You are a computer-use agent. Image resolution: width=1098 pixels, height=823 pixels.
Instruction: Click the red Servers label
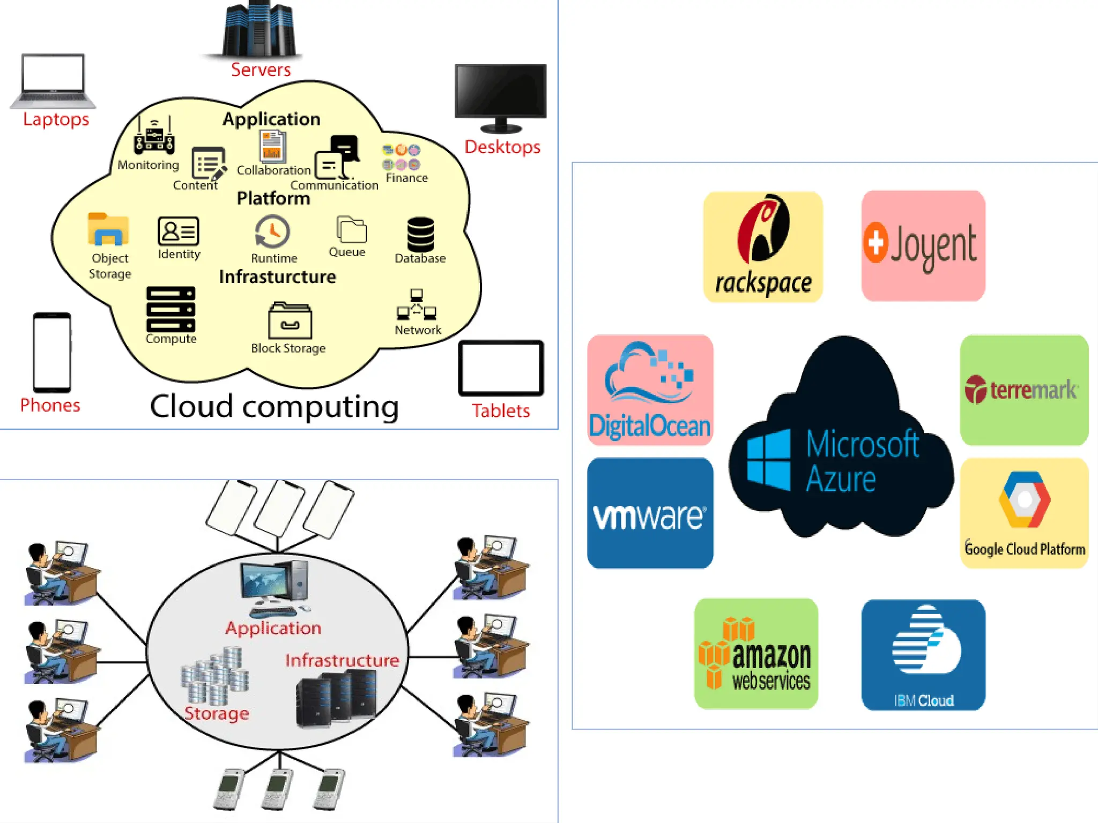click(x=261, y=70)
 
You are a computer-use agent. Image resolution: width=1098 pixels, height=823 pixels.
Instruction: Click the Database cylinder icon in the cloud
click(x=420, y=234)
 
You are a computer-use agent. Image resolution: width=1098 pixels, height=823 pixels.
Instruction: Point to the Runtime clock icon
click(x=272, y=232)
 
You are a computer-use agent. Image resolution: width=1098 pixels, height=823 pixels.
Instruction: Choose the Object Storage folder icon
click(x=108, y=230)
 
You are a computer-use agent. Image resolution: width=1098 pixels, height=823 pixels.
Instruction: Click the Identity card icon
click(x=178, y=231)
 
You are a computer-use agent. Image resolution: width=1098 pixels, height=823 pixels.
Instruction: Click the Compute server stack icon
click(x=170, y=309)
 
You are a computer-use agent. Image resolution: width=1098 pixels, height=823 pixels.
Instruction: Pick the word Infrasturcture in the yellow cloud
click(x=277, y=277)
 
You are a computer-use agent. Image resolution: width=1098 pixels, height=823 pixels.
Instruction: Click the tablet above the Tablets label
click(x=501, y=368)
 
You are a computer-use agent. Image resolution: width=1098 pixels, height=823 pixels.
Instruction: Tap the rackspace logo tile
click(x=762, y=247)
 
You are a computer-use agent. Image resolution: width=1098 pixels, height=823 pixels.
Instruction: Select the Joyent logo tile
click(x=923, y=245)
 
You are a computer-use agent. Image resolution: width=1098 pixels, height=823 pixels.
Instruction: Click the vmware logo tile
click(x=650, y=513)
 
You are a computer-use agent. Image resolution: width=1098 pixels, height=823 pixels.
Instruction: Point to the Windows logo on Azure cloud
click(x=768, y=459)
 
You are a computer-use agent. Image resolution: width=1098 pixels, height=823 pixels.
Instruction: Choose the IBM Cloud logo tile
click(x=923, y=655)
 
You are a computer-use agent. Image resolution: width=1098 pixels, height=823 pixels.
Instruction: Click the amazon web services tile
click(x=756, y=654)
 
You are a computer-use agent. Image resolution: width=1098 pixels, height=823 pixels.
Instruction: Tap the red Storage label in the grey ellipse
click(x=217, y=714)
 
